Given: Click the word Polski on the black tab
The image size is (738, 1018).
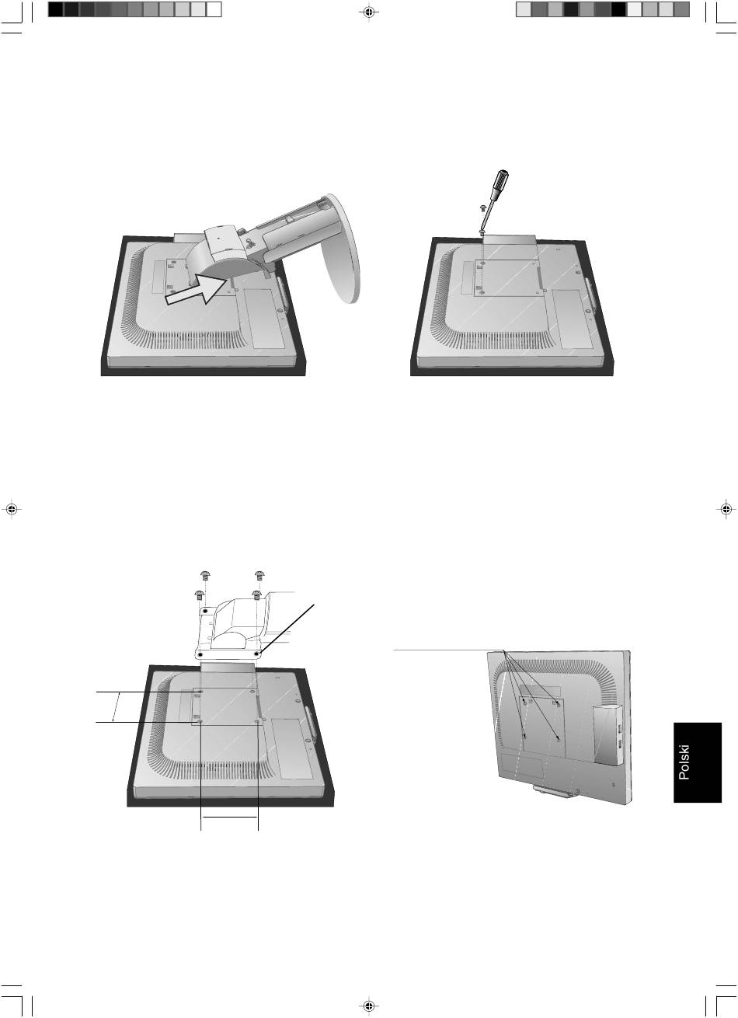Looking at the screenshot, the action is (x=684, y=762).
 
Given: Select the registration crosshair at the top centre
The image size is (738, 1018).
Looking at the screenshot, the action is (x=369, y=12).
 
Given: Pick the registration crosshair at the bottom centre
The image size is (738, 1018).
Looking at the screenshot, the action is (x=369, y=1006).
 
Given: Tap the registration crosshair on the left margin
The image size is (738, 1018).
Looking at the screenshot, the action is (x=12, y=510).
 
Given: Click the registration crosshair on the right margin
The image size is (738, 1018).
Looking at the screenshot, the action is (x=726, y=509).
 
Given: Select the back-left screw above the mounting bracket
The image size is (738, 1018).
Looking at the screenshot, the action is (x=205, y=575).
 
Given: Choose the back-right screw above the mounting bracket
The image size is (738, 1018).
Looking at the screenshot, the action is (x=259, y=575).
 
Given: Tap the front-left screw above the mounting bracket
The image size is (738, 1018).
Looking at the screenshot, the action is (x=199, y=594).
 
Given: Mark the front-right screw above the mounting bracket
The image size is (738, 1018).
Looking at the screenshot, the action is (x=256, y=594).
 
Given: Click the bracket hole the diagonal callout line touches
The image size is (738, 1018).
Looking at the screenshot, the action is (x=258, y=654).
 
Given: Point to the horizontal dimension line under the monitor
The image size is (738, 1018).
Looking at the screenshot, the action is (x=229, y=817).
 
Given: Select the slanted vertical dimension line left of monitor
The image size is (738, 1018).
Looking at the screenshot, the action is (x=116, y=706).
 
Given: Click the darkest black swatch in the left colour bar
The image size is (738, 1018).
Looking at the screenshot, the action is (x=56, y=9).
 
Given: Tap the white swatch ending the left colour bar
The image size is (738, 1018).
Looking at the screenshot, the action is (x=214, y=9).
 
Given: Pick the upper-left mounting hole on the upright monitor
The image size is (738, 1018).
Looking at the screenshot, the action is (x=524, y=701).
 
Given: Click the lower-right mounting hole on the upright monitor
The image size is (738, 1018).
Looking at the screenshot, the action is (x=558, y=738).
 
